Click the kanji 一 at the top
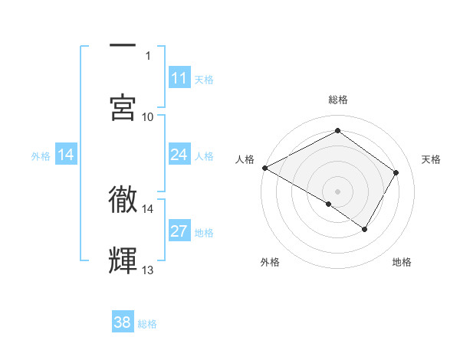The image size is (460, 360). (x=123, y=46)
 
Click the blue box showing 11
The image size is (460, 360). (x=179, y=78)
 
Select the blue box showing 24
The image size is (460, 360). (x=179, y=155)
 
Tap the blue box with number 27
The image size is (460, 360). (x=179, y=231)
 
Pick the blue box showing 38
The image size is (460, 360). (x=123, y=322)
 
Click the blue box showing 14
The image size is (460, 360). (x=66, y=155)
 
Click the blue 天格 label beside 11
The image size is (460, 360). (x=204, y=79)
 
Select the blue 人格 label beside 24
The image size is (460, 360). (x=204, y=155)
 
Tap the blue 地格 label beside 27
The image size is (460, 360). (x=204, y=232)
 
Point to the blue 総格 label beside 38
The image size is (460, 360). (x=147, y=324)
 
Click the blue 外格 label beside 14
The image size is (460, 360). (x=41, y=155)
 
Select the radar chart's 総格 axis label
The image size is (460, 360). (x=337, y=100)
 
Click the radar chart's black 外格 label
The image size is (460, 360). (x=270, y=262)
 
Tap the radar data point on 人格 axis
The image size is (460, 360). (x=264, y=168)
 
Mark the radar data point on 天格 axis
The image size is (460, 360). (x=396, y=172)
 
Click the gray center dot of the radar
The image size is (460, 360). (x=337, y=191)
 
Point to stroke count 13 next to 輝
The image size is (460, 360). (x=148, y=270)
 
